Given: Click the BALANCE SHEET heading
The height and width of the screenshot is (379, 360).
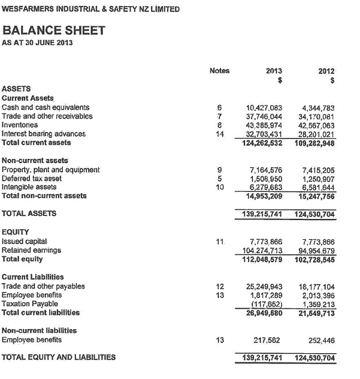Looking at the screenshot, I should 54,30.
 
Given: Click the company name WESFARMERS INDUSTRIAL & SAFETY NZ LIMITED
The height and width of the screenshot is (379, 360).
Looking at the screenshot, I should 90,10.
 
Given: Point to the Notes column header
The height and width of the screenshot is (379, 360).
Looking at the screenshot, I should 220,71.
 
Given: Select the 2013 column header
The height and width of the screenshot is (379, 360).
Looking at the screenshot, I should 274,71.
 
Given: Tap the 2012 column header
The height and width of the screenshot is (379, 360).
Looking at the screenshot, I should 326,71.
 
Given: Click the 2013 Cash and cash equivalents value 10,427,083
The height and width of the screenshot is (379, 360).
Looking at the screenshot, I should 264,107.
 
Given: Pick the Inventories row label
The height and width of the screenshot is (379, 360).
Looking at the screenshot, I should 20,125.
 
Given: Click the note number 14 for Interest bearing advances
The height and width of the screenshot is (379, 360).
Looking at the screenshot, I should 220,134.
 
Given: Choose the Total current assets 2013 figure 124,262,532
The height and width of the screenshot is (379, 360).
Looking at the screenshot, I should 262,143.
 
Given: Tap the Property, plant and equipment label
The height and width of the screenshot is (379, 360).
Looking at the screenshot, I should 51,170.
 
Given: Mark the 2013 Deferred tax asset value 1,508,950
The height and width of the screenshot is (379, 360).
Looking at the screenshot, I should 266,179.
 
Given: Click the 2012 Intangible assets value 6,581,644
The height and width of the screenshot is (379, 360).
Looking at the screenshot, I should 317,187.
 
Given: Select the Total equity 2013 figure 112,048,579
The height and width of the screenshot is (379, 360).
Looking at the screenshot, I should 262,259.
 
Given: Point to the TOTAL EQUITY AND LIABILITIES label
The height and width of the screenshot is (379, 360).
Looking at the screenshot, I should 59,357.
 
